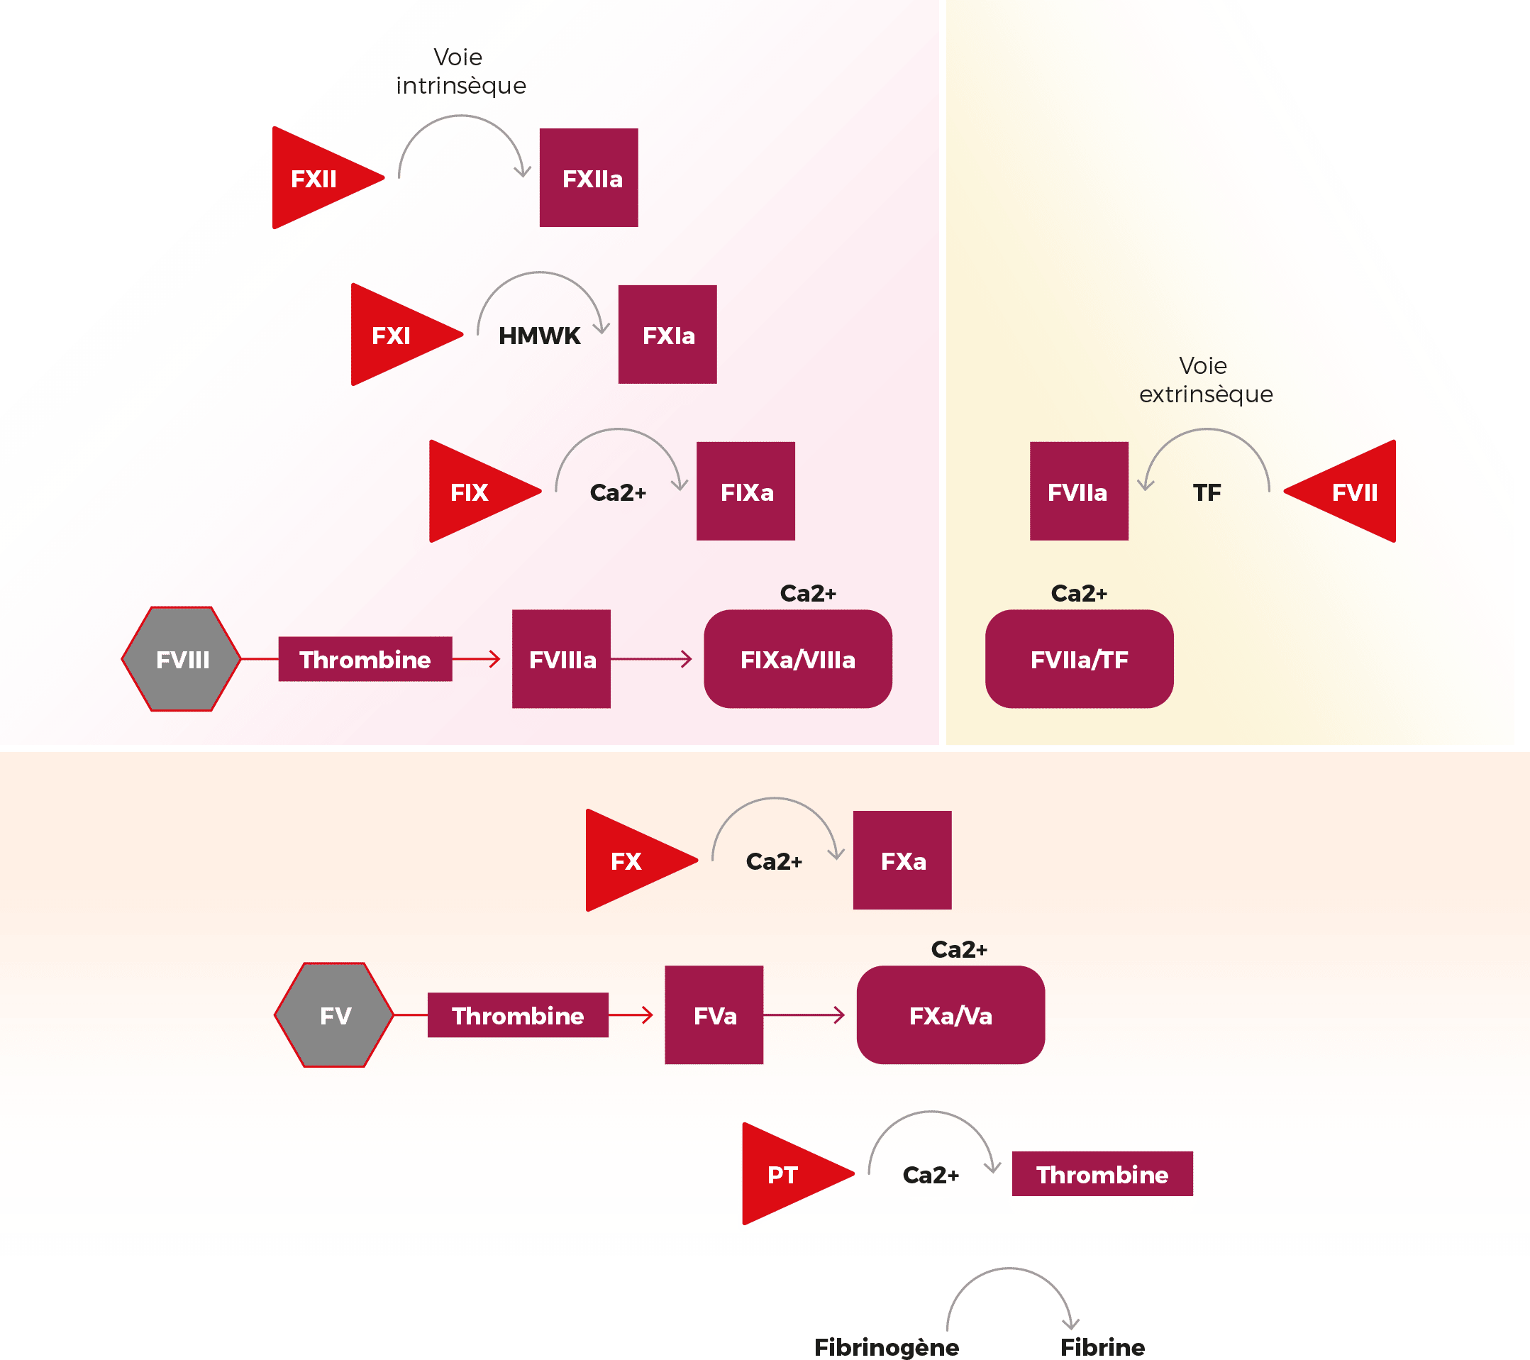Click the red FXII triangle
click(x=314, y=179)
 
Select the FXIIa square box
click(x=589, y=178)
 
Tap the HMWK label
click(x=539, y=336)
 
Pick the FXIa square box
click(x=667, y=335)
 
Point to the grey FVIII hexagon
click(x=182, y=659)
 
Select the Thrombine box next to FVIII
click(x=365, y=659)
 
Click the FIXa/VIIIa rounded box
click(x=797, y=659)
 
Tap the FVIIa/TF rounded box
click(x=1079, y=659)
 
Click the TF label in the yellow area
click(x=1207, y=492)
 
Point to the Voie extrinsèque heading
click(x=1205, y=380)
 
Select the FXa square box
click(x=902, y=861)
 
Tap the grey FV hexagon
click(x=335, y=1016)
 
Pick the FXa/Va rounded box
click(x=950, y=1016)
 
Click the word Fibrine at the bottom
click(x=1102, y=1347)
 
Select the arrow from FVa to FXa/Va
click(x=805, y=1016)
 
